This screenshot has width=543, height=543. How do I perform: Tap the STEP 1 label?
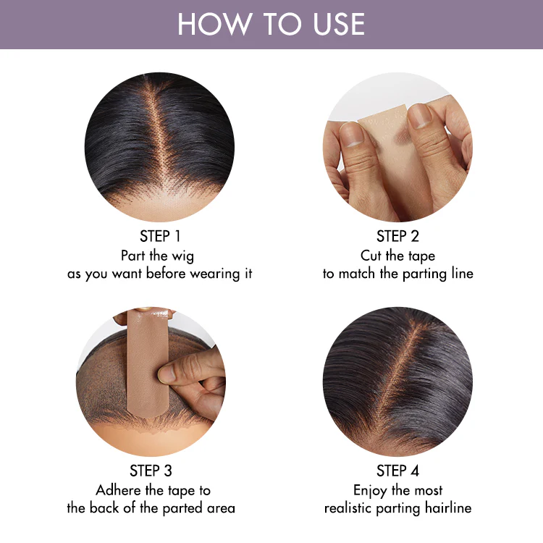click(160, 236)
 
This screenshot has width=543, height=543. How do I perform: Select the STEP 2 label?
click(397, 236)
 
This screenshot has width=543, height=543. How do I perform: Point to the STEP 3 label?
click(151, 471)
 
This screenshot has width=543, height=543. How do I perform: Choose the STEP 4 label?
click(397, 471)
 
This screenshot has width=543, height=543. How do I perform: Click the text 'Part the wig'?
click(157, 256)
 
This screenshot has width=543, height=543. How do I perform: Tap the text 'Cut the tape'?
click(397, 256)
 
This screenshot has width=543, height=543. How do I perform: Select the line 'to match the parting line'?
click(397, 274)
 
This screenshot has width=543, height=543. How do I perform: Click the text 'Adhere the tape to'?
click(153, 490)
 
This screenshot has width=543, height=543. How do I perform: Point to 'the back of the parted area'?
click(151, 508)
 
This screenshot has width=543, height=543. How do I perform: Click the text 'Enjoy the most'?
click(397, 490)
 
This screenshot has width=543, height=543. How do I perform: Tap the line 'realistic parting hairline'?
click(397, 508)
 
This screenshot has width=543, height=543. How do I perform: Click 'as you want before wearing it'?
click(160, 274)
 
